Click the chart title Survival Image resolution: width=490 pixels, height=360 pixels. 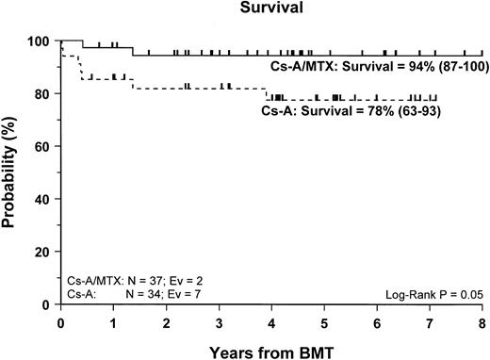pyautogui.click(x=271, y=10)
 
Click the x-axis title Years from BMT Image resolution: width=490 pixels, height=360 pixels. pyautogui.click(x=271, y=350)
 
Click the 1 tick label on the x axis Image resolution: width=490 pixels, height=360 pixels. pyautogui.click(x=113, y=320)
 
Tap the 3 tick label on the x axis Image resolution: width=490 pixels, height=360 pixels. pyautogui.click(x=219, y=320)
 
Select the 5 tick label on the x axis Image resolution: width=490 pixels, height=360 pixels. pyautogui.click(x=324, y=320)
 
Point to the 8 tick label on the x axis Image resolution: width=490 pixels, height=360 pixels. pyautogui.click(x=482, y=320)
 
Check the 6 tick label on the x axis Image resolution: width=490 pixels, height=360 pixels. pyautogui.click(x=377, y=320)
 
